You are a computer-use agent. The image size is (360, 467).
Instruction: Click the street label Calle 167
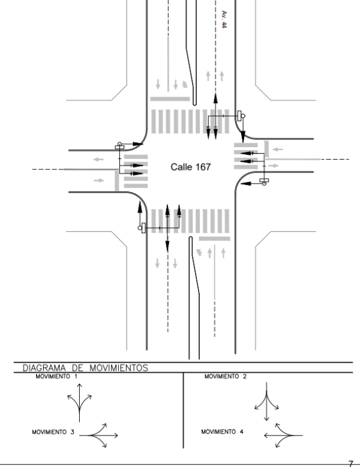[x=191, y=167]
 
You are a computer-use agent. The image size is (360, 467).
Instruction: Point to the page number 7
[x=351, y=463]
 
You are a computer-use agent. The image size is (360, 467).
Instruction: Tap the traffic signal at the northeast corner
[x=241, y=116]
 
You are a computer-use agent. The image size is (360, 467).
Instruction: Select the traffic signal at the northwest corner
[x=120, y=145]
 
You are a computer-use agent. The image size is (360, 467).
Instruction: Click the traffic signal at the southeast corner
[x=264, y=181]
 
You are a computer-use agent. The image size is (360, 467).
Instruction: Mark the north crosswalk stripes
[x=189, y=122]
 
